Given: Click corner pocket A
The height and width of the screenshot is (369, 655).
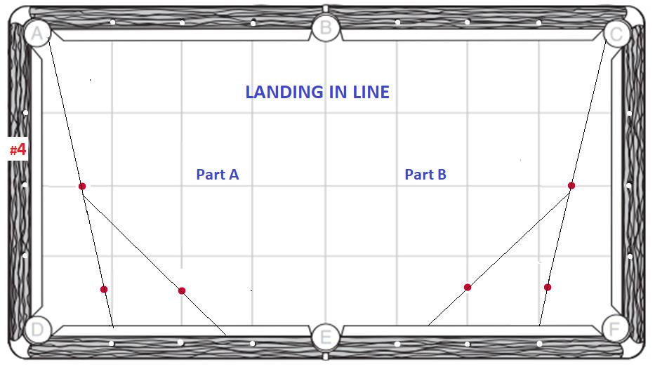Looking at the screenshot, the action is pos(36,32).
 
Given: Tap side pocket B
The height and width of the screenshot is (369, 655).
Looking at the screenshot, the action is pos(325,29).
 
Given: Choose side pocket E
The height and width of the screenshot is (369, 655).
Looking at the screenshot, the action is pos(325,337).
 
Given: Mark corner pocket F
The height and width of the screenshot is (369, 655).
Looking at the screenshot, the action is pos(615,328).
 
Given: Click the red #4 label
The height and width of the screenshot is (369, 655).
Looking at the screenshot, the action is pos(18,149).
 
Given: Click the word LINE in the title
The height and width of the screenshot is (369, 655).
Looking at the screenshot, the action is pos(368,92).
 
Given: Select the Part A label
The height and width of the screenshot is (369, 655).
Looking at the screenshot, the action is pos(218,175).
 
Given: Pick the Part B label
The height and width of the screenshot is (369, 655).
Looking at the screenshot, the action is pos(425,175).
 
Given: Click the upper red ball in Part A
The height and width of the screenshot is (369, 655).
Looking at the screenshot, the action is pos(82,186).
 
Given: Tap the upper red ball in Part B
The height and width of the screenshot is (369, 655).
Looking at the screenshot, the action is pos(571,185).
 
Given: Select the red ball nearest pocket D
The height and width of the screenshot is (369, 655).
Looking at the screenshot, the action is pos(104,289).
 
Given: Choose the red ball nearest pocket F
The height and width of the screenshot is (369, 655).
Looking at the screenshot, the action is pos(548,287).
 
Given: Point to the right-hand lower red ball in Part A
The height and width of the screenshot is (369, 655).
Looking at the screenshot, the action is pos(182,290).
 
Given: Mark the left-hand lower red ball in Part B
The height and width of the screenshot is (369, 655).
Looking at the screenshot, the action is pos(468,287).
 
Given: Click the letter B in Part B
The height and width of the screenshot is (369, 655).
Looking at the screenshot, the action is pos(442,175).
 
